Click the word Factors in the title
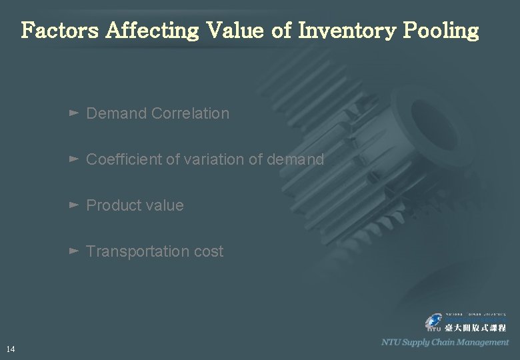pyautogui.click(x=60, y=31)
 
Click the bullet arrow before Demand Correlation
pyautogui.click(x=74, y=113)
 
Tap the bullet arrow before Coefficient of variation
pyautogui.click(x=74, y=159)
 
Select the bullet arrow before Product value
pyautogui.click(x=74, y=205)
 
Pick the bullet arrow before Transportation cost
pyautogui.click(x=74, y=251)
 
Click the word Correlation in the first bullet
pyautogui.click(x=190, y=113)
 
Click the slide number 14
pyautogui.click(x=10, y=349)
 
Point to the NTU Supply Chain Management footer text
pyautogui.click(x=445, y=342)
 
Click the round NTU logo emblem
pyautogui.click(x=434, y=323)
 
